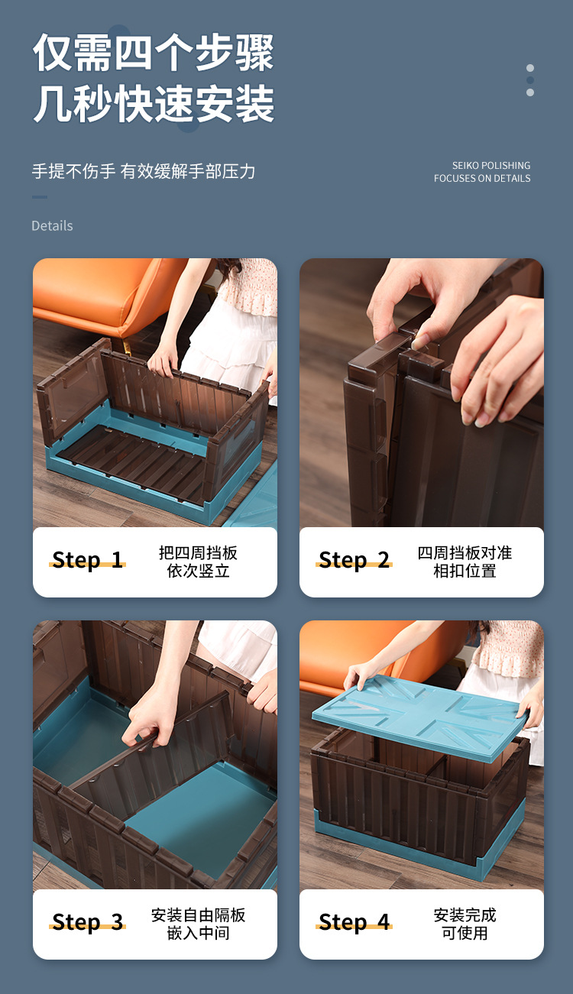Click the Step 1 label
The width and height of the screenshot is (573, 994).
pyautogui.click(x=87, y=560)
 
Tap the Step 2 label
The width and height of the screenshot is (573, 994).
pyautogui.click(x=354, y=560)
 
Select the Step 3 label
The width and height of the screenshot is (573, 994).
pyautogui.click(x=87, y=922)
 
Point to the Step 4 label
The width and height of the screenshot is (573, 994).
pyautogui.click(x=354, y=922)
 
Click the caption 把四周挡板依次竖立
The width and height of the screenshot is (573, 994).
pyautogui.click(x=198, y=562)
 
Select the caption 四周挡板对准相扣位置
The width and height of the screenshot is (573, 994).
pyautogui.click(x=465, y=562)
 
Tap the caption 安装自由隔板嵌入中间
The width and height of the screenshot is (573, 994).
pyautogui.click(x=198, y=924)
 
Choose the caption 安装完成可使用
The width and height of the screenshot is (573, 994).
pyautogui.click(x=465, y=924)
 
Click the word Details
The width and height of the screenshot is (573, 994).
pyautogui.click(x=52, y=226)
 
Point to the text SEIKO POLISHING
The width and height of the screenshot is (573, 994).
pyautogui.click(x=491, y=166)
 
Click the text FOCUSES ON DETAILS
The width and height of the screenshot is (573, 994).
pyautogui.click(x=482, y=178)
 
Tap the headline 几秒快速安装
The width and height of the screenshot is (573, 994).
pyautogui.click(x=154, y=104)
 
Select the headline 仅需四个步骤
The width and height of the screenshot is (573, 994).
pyautogui.click(x=154, y=53)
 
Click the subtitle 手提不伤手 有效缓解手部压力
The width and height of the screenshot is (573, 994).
pyautogui.click(x=144, y=171)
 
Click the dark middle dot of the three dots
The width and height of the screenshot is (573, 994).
pyautogui.click(x=530, y=80)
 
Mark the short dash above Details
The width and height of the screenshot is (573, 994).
pyautogui.click(x=40, y=197)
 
